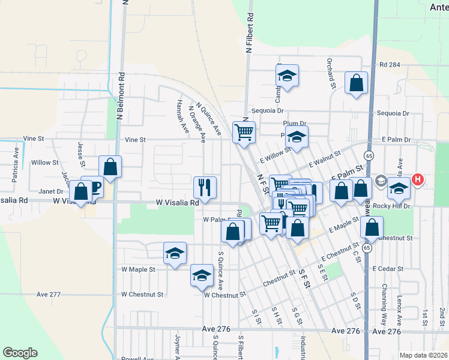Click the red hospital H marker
(418, 179)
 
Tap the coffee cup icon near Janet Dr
(93, 187)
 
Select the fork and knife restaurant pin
(205, 187)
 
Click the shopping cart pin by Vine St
(244, 132)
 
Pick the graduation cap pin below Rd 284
(288, 76)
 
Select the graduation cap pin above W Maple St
(175, 253)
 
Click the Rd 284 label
(390, 64)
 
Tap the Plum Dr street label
(295, 124)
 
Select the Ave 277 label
(49, 294)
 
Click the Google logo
(20, 353)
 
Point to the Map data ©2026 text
(423, 355)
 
